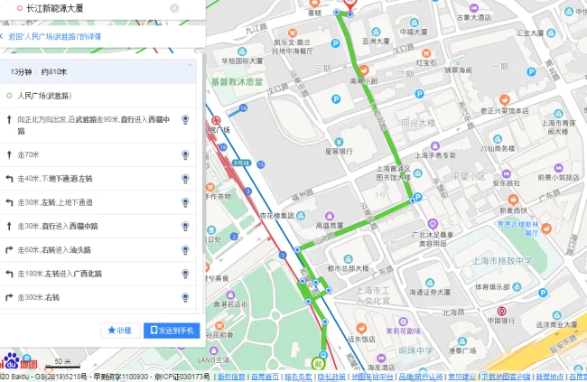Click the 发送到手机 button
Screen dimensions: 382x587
(x=172, y=331)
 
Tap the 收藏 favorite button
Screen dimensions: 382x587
(x=119, y=331)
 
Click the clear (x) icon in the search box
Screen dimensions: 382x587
(x=173, y=8)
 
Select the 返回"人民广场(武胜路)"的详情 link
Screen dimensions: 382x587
(x=54, y=37)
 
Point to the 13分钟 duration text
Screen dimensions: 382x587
(x=21, y=70)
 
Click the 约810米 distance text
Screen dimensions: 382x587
(x=53, y=70)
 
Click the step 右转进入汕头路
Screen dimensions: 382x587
(x=57, y=248)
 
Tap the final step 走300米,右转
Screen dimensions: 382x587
(x=44, y=296)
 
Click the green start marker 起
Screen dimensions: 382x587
(x=318, y=363)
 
